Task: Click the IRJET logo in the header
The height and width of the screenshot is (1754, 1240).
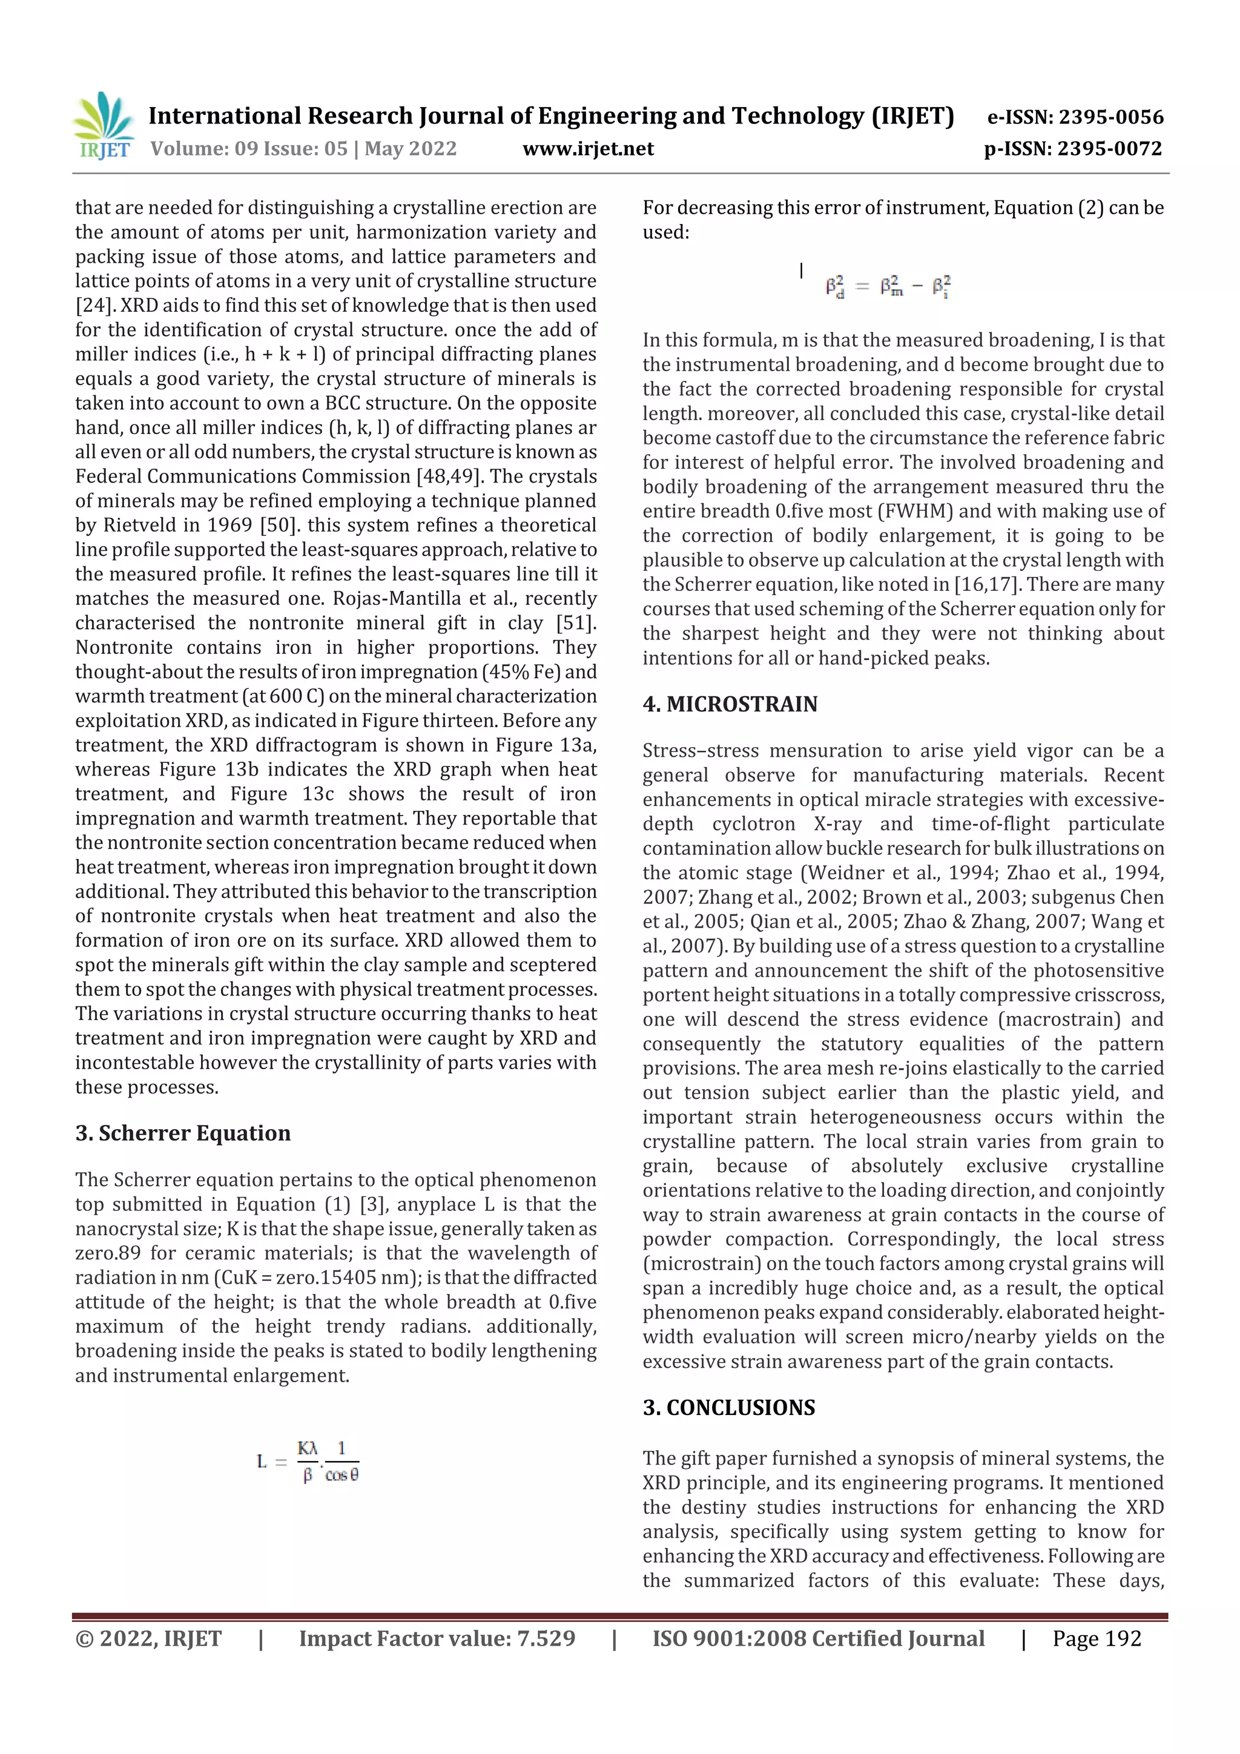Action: tap(103, 126)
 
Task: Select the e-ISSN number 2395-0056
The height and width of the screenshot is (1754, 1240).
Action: tap(1075, 117)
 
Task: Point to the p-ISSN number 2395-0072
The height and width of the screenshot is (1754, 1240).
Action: tap(1073, 148)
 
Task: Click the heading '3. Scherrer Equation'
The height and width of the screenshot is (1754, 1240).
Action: tap(183, 1132)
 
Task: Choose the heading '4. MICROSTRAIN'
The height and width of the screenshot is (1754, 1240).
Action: tap(730, 704)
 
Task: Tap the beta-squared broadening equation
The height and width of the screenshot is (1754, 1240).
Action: tap(888, 286)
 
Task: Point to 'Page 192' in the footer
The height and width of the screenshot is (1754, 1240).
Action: tap(1097, 1638)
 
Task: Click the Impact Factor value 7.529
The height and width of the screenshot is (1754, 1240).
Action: tap(437, 1638)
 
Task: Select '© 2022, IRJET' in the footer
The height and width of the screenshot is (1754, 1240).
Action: tap(148, 1638)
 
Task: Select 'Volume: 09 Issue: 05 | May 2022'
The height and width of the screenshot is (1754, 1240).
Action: tap(303, 148)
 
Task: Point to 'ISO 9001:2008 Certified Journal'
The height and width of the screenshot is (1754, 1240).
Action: tap(818, 1638)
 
